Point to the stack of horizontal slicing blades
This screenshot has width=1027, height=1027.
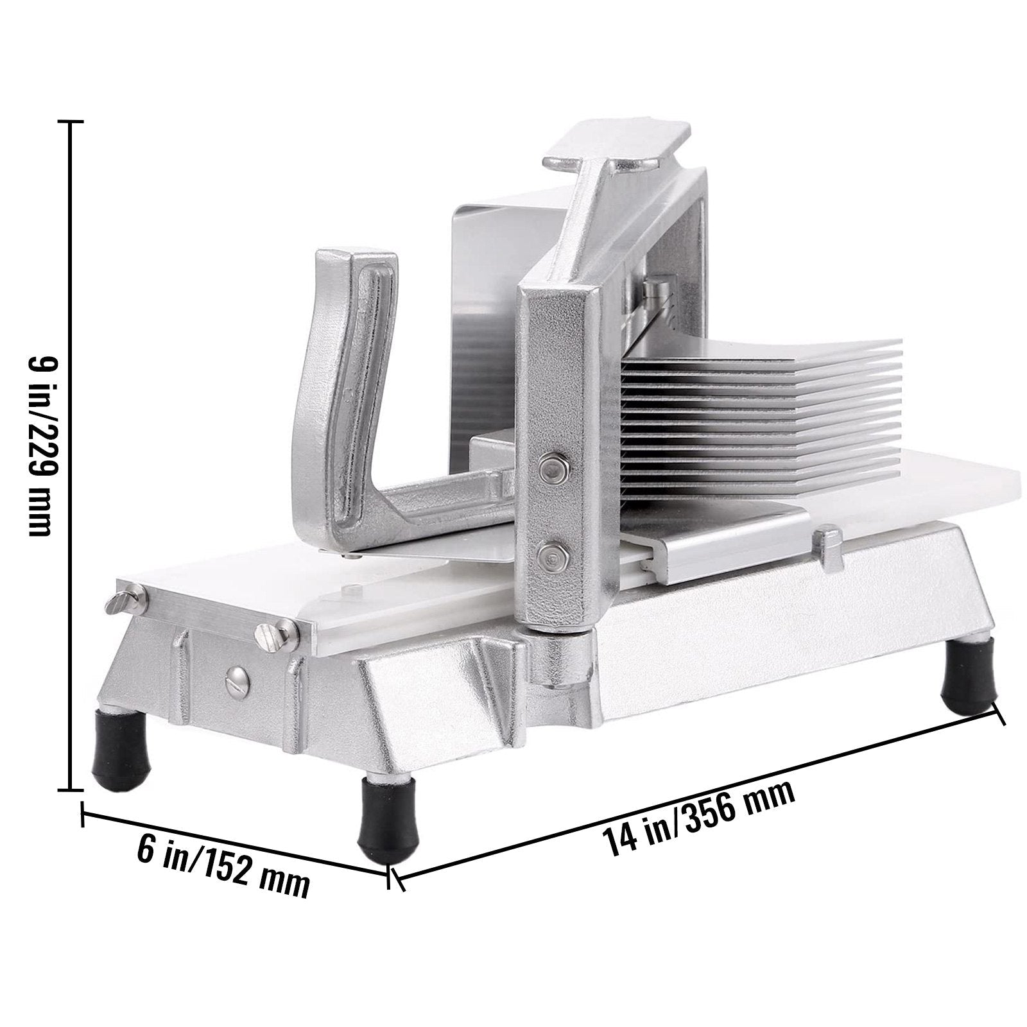point(738,411)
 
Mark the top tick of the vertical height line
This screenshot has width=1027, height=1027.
point(70,121)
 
